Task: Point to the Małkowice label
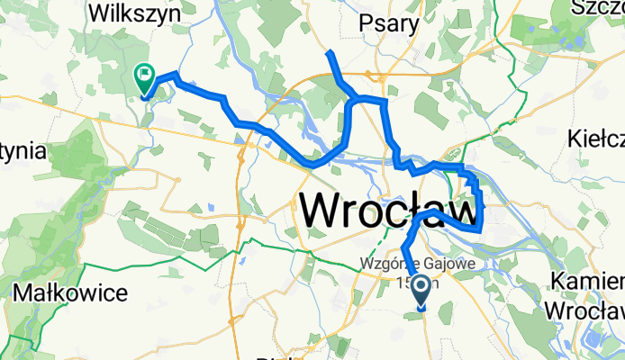[x=71, y=292]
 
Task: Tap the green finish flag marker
[x=143, y=77]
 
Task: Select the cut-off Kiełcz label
[x=598, y=139]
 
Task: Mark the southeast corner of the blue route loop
[x=481, y=229]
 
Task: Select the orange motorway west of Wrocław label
[x=241, y=180]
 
